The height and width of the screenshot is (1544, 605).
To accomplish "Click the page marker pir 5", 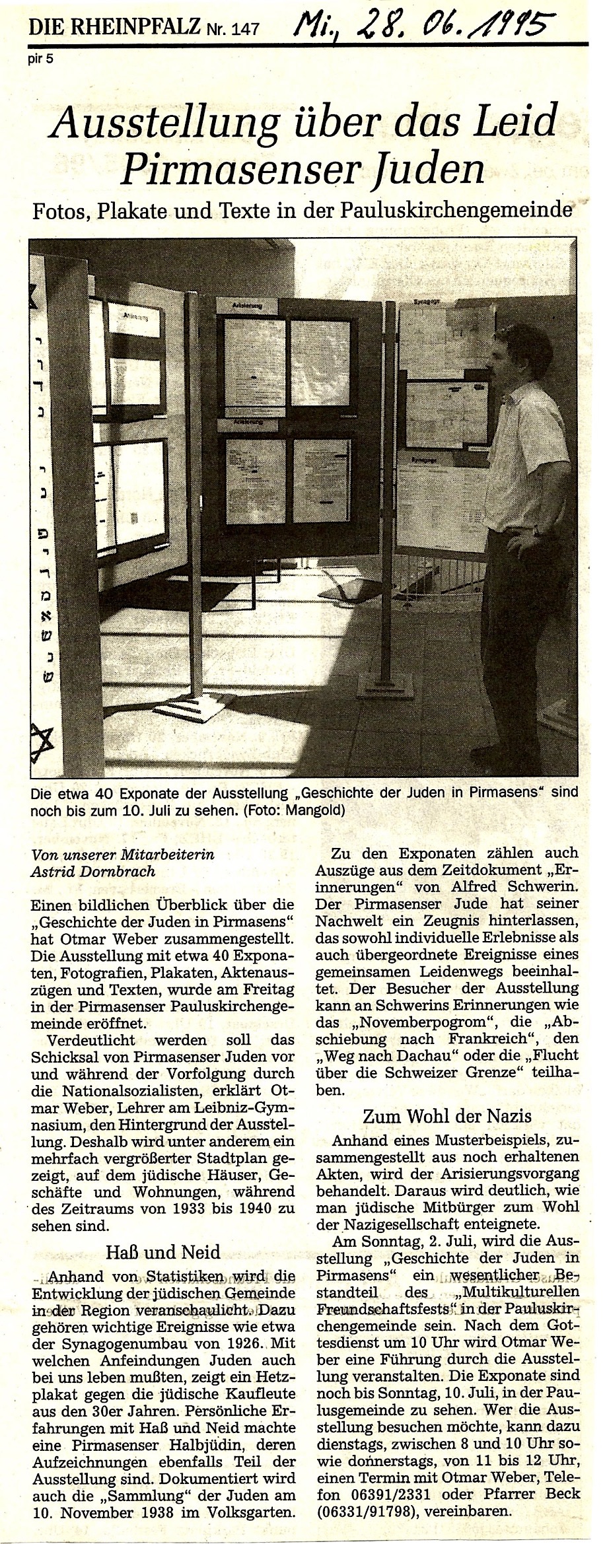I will tap(41, 57).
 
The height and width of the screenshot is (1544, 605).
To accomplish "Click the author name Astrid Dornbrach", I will tap(93, 871).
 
